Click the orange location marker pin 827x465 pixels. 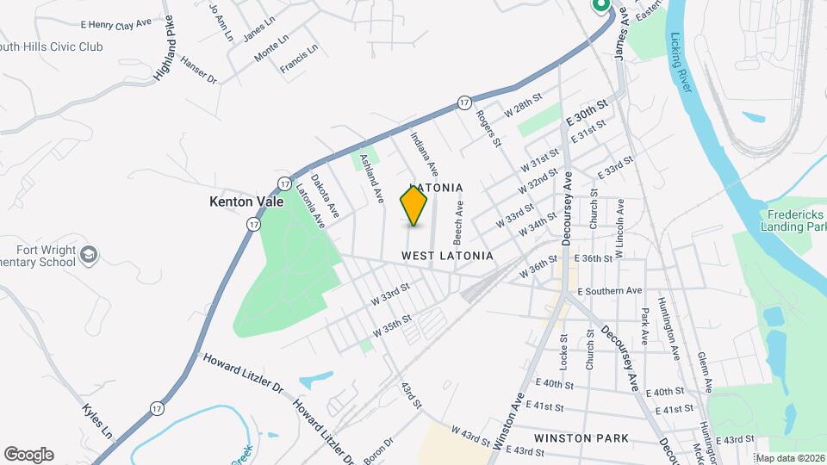(x=414, y=205)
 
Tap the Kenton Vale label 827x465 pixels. (x=244, y=201)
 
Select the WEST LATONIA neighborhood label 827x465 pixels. (x=447, y=256)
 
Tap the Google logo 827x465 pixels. (x=28, y=454)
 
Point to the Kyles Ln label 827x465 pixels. (x=97, y=420)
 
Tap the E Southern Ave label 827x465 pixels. (x=611, y=291)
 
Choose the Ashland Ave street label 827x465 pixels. (x=372, y=177)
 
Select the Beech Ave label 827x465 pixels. (x=459, y=220)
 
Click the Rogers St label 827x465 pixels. (x=488, y=127)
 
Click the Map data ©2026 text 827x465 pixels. (x=790, y=458)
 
